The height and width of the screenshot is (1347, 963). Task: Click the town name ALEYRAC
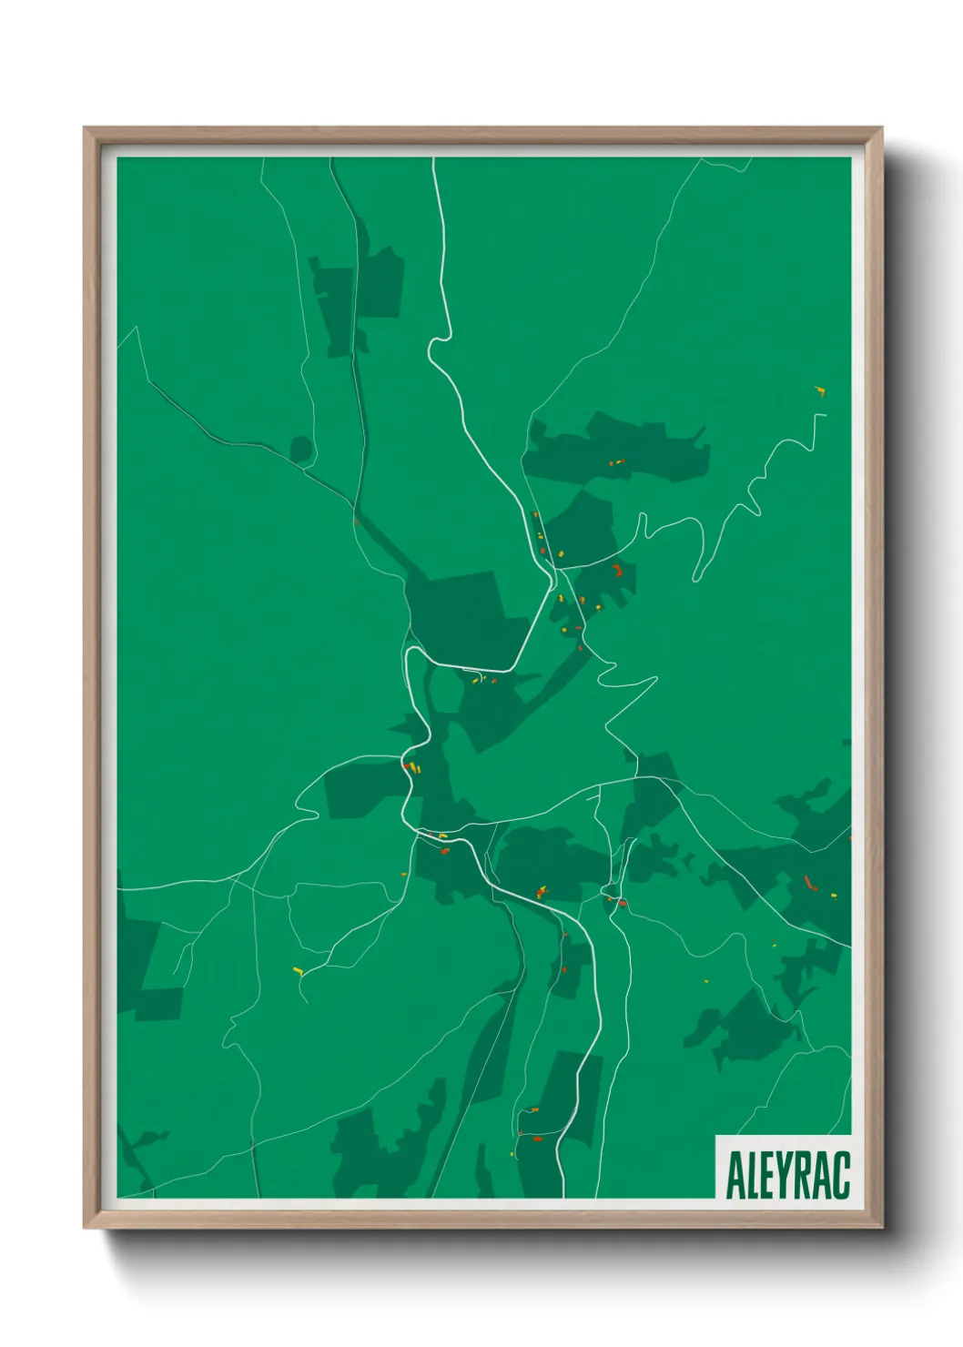[787, 1175]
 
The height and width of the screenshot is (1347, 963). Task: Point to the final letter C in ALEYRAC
[841, 1175]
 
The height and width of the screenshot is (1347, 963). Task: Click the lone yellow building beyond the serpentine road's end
[821, 392]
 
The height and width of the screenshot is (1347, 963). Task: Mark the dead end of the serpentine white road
[825, 415]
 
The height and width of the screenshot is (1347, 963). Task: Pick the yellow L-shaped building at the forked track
[298, 970]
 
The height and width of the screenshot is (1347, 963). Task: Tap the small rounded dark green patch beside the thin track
[301, 449]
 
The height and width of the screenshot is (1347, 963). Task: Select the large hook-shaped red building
[619, 571]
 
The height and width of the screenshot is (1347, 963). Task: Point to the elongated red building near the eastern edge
[809, 882]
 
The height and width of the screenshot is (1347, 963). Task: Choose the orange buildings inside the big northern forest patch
[617, 462]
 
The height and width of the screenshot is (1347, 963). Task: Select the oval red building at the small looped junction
[623, 903]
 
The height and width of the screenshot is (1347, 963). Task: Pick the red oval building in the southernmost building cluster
[536, 1138]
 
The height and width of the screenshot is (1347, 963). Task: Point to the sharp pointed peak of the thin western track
[137, 329]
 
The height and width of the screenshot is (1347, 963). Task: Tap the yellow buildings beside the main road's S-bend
[415, 768]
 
